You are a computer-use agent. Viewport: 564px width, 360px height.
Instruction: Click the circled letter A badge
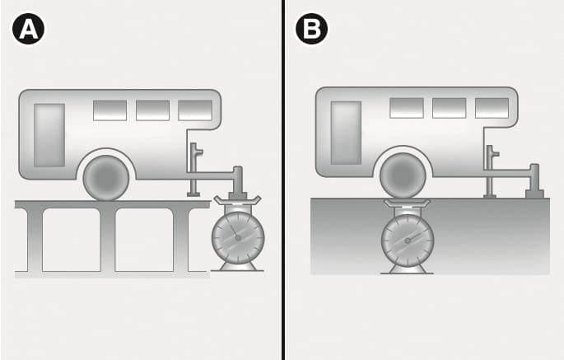tap(29, 29)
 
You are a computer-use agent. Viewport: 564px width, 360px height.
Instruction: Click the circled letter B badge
tap(311, 29)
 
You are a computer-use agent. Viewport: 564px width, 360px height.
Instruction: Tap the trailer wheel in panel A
tap(106, 178)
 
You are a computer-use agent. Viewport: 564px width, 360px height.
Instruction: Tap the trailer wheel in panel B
tap(403, 175)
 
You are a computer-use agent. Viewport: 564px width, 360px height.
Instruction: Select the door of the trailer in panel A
tap(49, 135)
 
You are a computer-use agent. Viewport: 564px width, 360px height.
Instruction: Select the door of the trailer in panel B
tap(346, 133)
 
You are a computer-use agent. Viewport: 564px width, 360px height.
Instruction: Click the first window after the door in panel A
tap(110, 110)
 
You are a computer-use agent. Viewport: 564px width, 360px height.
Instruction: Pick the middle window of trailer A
tap(152, 110)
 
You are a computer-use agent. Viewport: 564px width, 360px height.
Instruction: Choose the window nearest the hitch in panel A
tap(195, 110)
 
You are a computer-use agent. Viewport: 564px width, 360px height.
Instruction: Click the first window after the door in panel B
tap(407, 108)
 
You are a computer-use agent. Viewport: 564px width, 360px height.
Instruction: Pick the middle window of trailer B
tap(450, 108)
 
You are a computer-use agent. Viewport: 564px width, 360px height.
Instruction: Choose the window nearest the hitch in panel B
tap(492, 108)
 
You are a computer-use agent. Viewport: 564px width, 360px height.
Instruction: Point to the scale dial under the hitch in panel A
tap(238, 238)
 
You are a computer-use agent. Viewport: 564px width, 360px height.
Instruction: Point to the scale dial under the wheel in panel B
tap(408, 241)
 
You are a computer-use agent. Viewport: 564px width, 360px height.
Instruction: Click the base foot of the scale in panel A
tap(237, 267)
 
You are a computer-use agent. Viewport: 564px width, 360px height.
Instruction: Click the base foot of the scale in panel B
tap(408, 270)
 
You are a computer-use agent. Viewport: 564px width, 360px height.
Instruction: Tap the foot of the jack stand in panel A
tap(193, 194)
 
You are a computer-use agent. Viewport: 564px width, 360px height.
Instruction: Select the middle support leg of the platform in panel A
tap(108, 240)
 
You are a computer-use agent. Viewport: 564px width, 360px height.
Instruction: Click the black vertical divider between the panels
tap(283, 180)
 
